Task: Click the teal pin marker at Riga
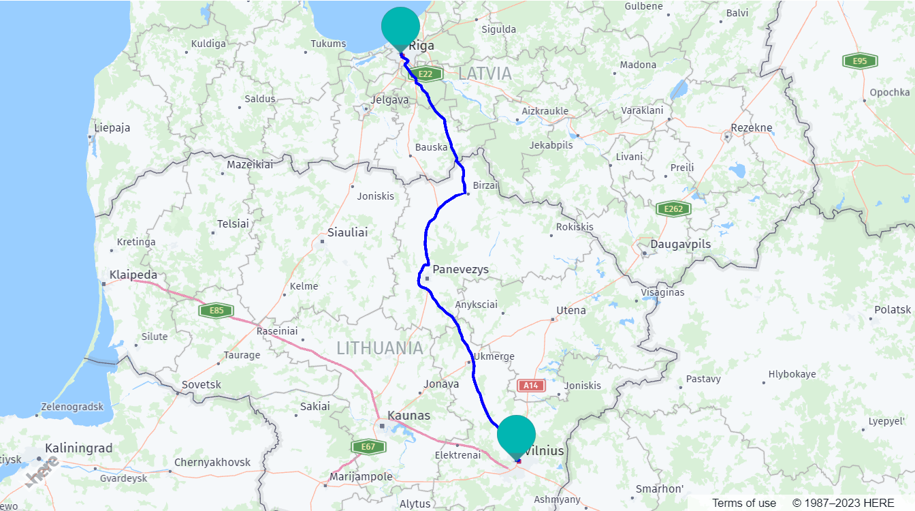coord(400,27)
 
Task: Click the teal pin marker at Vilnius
coord(516,435)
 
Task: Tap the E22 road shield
coord(426,74)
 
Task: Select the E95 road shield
coord(859,61)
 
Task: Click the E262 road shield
coord(673,209)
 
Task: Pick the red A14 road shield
coord(531,386)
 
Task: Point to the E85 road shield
coord(216,311)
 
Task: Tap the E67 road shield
coord(368,447)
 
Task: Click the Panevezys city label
coord(460,269)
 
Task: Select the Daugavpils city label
coord(680,244)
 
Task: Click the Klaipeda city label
coord(133,275)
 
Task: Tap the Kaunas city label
coord(408,415)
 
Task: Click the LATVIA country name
coord(485,74)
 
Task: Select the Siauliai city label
coord(347,232)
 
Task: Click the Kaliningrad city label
coord(78,448)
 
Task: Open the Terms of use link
coord(743,503)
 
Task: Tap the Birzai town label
coord(485,185)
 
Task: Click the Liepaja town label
coord(112,127)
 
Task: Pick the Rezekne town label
coord(751,127)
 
